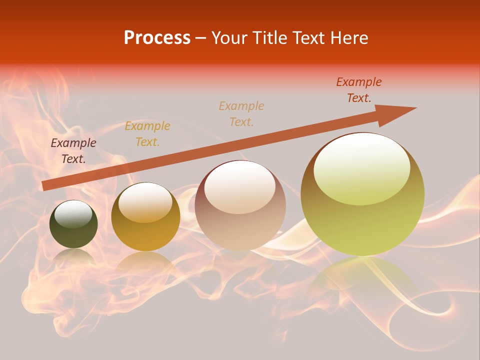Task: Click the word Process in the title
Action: click(x=157, y=38)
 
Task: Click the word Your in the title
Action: click(x=230, y=38)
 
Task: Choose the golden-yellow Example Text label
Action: click(x=147, y=134)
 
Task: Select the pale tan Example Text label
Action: click(x=241, y=113)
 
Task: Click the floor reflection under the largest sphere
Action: click(x=362, y=280)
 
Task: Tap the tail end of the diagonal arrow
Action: click(x=46, y=185)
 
